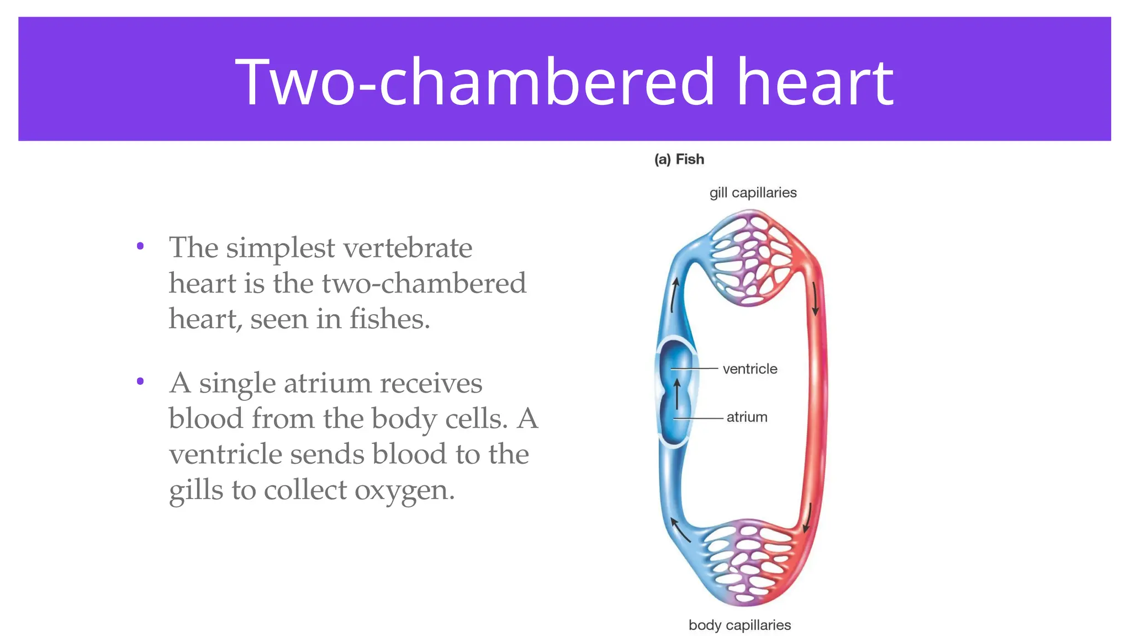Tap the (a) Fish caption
[x=679, y=160]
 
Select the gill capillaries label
[x=753, y=193]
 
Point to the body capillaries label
[x=739, y=625]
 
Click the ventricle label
[x=749, y=369]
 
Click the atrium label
[x=747, y=417]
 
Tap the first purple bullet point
[x=140, y=246]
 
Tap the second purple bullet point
[x=140, y=381]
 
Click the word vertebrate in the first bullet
[x=408, y=248]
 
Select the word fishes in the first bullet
[x=389, y=319]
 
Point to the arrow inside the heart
[x=677, y=394]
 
